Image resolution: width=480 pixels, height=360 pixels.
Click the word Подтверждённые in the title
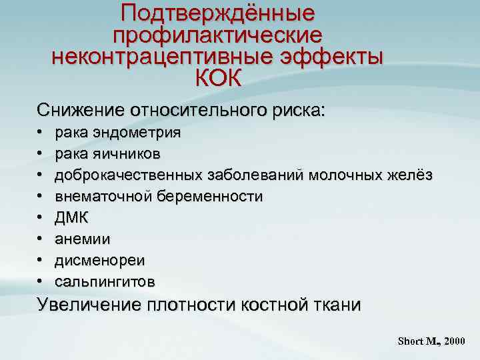(x=217, y=13)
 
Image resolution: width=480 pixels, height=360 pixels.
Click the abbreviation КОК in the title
(x=218, y=77)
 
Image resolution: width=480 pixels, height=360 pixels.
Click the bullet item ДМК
(x=71, y=218)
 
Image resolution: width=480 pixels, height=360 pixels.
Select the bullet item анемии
(x=83, y=239)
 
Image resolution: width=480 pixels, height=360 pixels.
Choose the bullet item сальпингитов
(x=105, y=282)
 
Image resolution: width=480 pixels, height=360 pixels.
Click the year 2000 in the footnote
(x=454, y=341)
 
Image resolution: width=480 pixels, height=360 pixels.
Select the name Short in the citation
(x=410, y=341)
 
